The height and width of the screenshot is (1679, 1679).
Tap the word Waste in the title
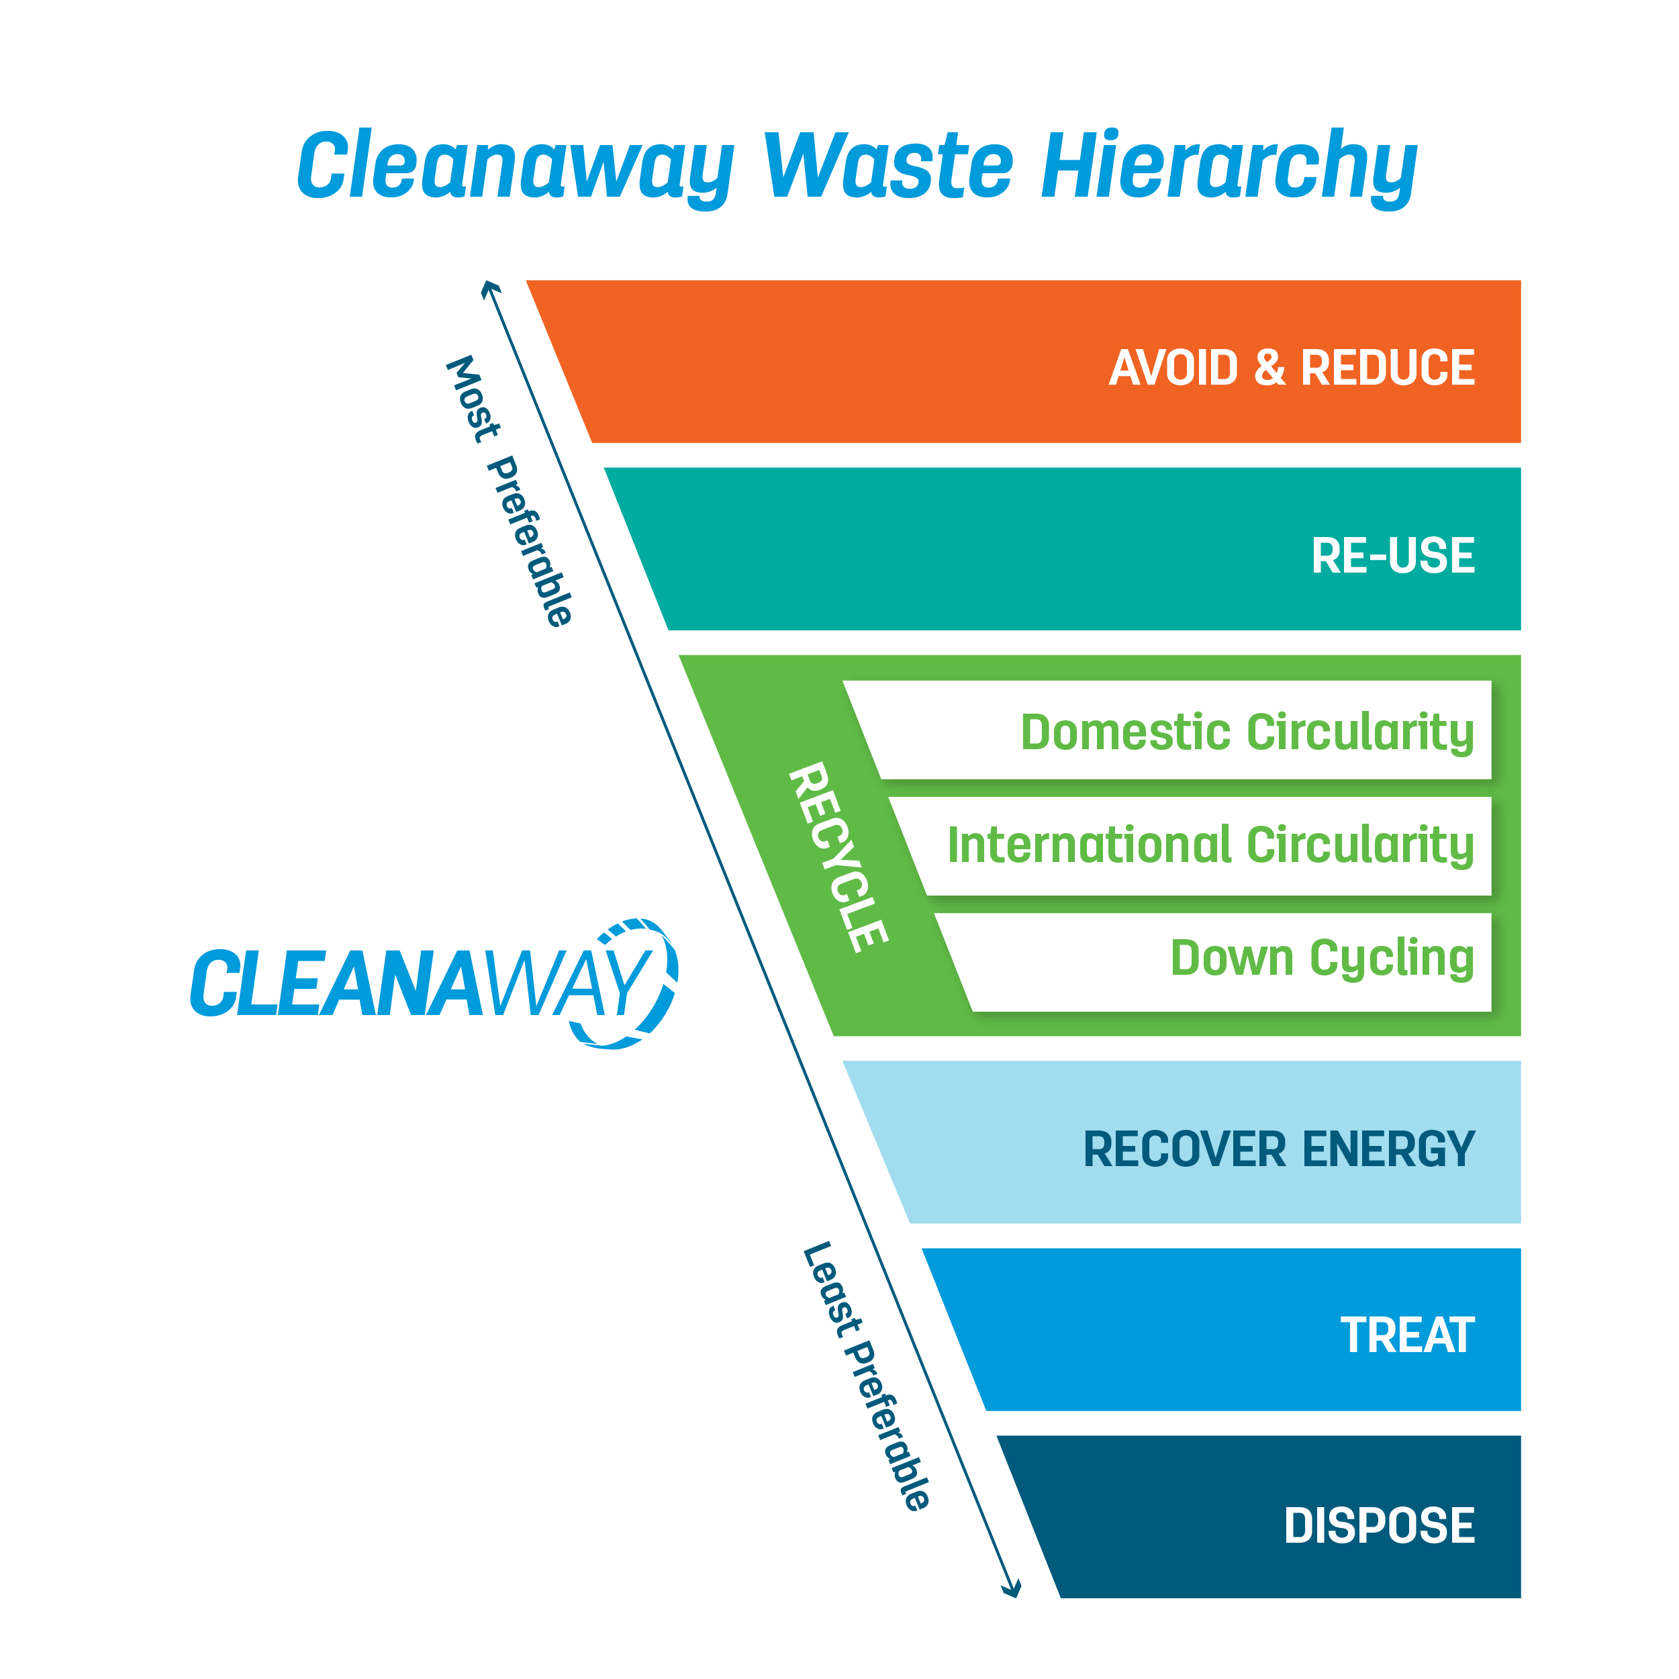(x=888, y=165)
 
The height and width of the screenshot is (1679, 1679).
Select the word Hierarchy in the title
(x=1229, y=165)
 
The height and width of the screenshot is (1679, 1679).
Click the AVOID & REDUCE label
(x=1292, y=368)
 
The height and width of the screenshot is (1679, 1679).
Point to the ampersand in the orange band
(x=1269, y=368)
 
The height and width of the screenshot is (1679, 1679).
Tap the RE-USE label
(x=1392, y=556)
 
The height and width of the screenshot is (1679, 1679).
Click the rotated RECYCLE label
(x=838, y=857)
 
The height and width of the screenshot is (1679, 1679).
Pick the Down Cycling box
(x=1321, y=958)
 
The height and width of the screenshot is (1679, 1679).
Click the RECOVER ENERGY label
(x=1278, y=1150)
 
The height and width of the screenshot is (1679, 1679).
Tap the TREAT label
(x=1407, y=1336)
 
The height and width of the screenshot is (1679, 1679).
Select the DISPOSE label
(x=1379, y=1525)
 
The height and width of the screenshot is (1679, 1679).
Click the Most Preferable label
(x=510, y=491)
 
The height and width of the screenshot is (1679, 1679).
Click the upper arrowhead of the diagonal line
(x=490, y=287)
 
